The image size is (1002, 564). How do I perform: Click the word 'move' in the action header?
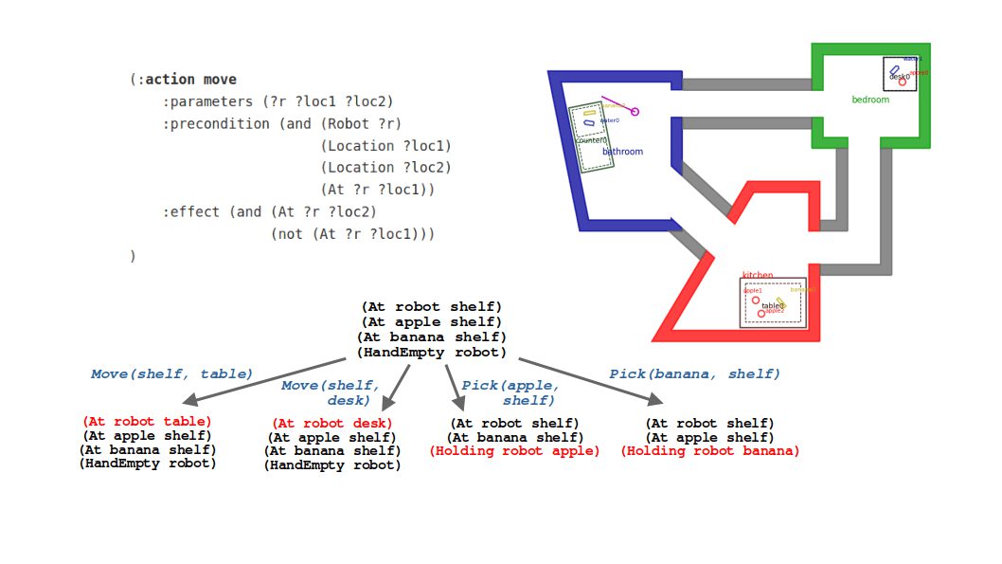click(x=220, y=80)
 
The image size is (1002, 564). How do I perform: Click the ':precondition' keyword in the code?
click(x=217, y=123)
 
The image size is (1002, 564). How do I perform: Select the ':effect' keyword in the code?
click(x=194, y=211)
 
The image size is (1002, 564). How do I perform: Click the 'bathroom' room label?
click(x=622, y=152)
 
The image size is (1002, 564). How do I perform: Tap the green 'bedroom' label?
click(x=869, y=100)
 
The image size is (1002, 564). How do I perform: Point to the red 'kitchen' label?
click(x=757, y=276)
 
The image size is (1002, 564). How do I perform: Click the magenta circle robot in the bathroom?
click(x=635, y=112)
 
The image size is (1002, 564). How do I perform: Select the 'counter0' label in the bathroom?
click(x=591, y=140)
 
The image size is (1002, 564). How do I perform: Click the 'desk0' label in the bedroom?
click(x=899, y=77)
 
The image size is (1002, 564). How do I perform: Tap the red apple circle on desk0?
click(x=903, y=82)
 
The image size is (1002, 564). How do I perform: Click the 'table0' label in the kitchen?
click(x=773, y=306)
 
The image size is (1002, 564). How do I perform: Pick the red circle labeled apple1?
click(x=756, y=300)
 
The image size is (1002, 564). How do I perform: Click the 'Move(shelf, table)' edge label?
click(x=171, y=374)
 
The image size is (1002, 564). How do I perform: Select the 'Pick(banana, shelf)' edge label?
click(x=694, y=374)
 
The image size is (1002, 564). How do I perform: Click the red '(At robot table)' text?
click(x=147, y=421)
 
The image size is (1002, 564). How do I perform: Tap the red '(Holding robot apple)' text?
click(x=514, y=451)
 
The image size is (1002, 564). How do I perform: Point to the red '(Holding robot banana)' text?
click(x=709, y=451)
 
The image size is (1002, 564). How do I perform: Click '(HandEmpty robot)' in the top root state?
click(x=431, y=353)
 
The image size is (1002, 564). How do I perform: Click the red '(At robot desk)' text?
click(x=331, y=423)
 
